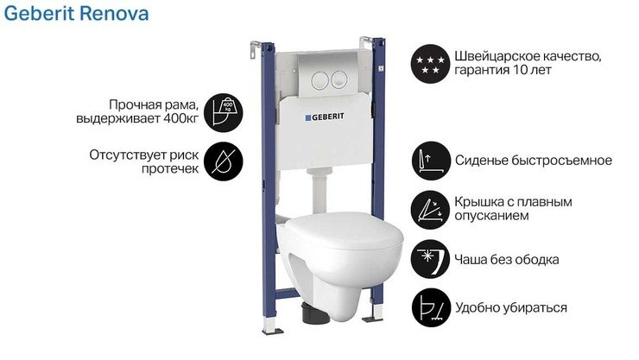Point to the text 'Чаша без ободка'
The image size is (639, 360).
click(507, 259)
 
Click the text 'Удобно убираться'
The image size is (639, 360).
click(511, 307)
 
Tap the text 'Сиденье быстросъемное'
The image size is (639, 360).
click(533, 161)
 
